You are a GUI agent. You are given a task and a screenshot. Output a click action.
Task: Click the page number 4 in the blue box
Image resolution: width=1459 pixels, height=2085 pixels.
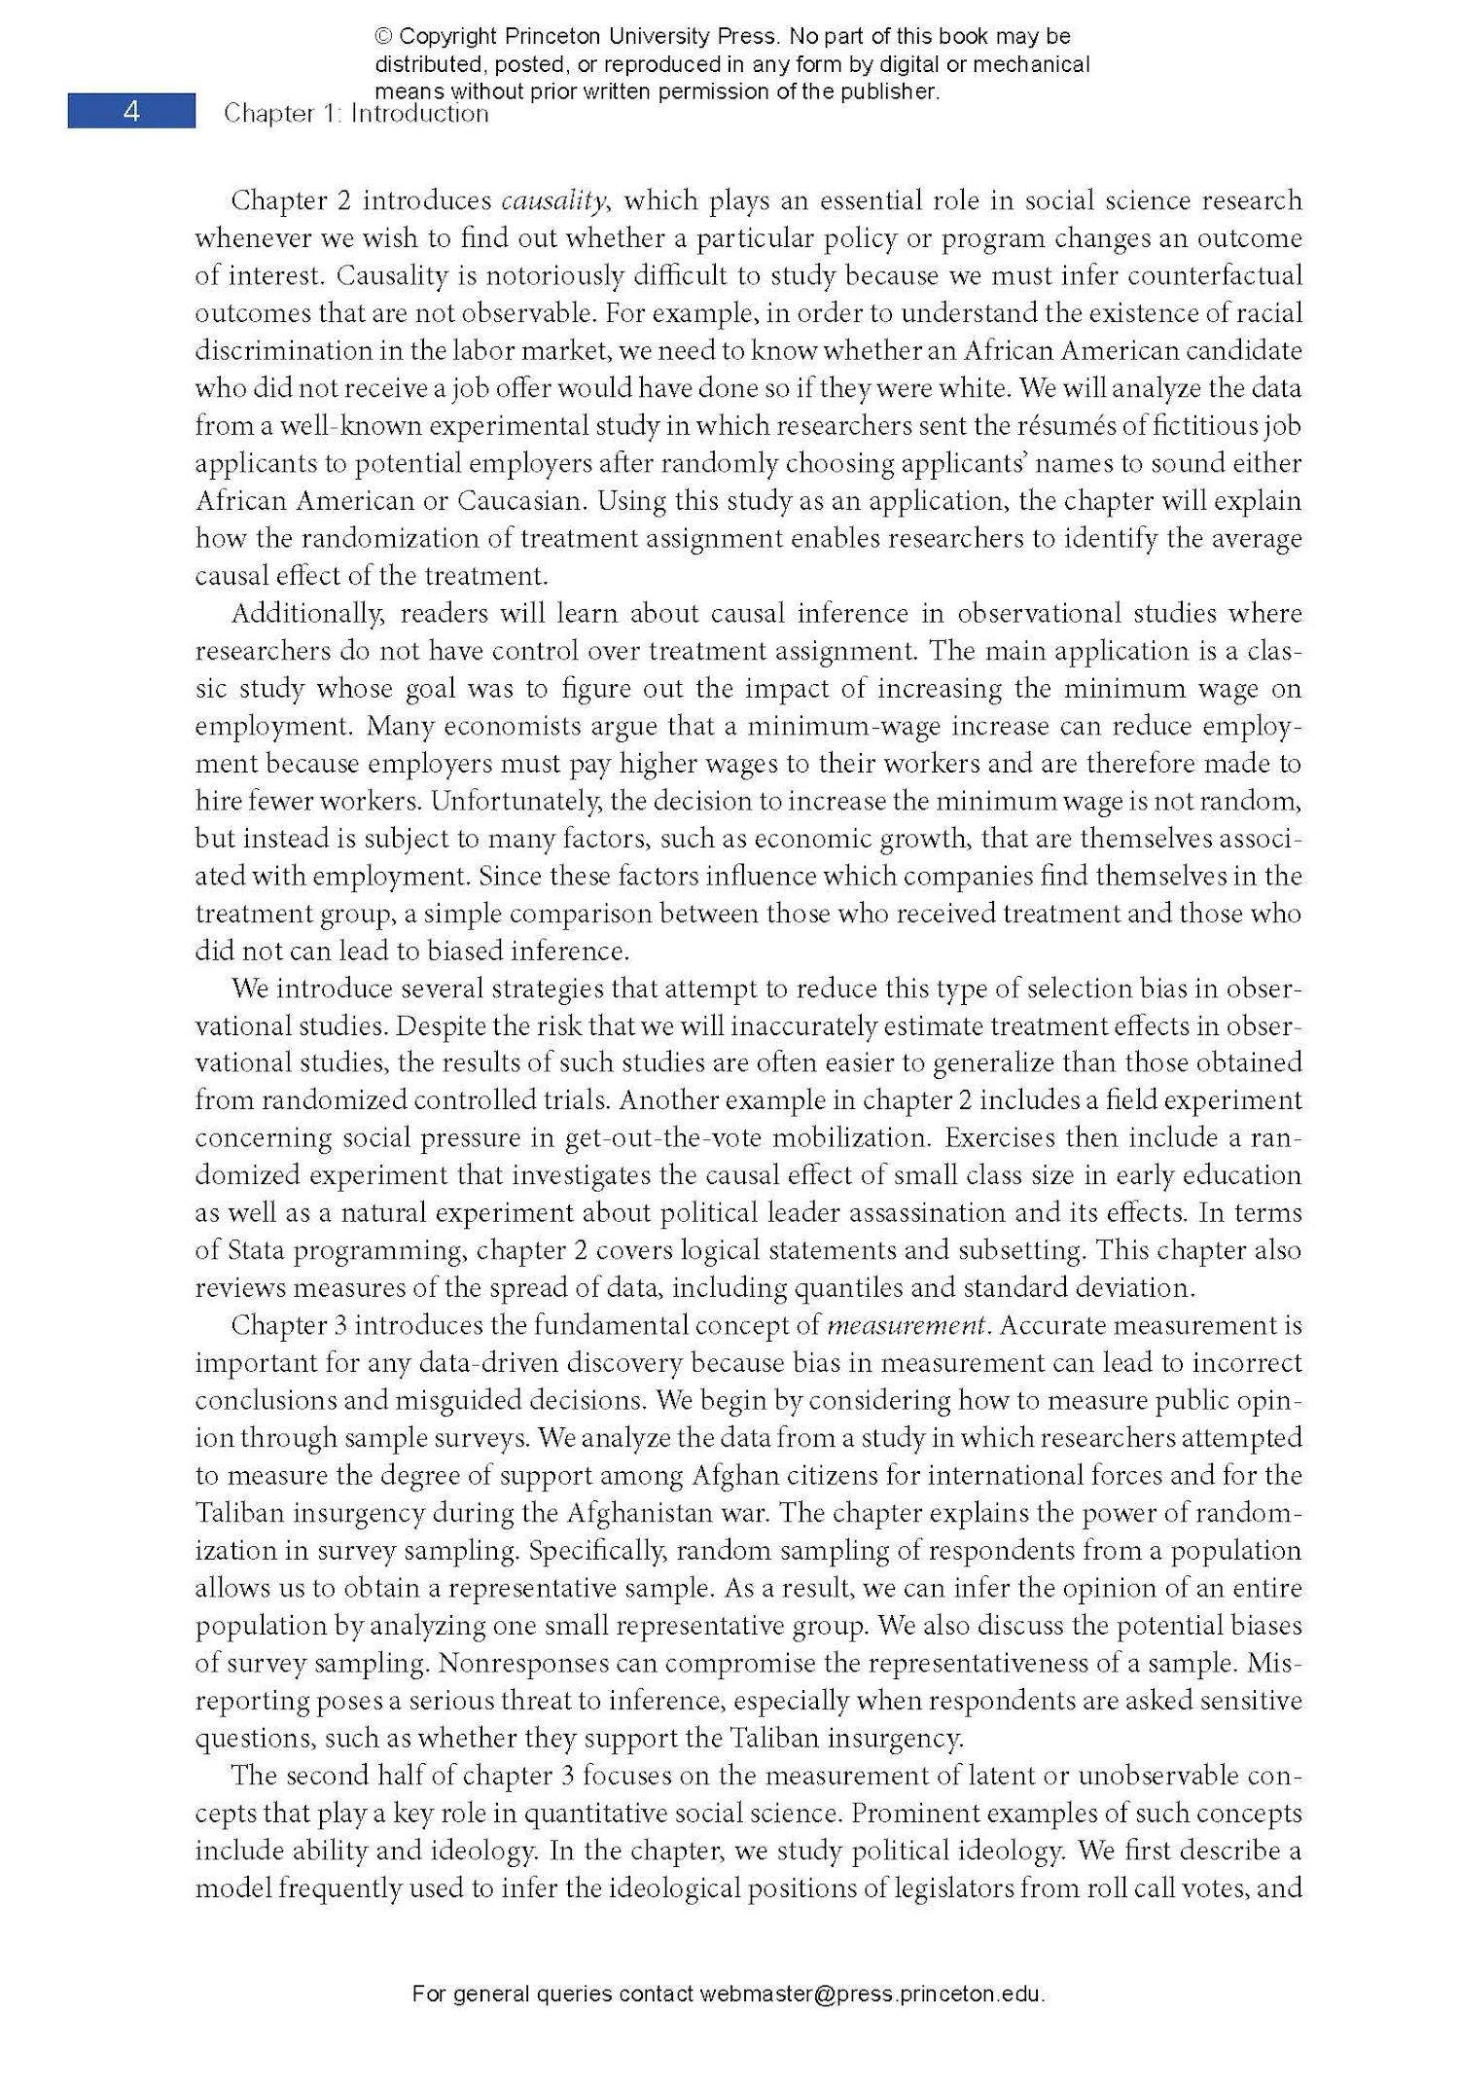pyautogui.click(x=131, y=112)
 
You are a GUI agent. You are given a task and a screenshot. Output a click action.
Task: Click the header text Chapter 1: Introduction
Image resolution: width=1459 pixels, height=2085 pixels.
pyautogui.click(x=356, y=114)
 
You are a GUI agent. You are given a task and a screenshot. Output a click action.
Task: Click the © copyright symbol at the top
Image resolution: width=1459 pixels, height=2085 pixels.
pyautogui.click(x=383, y=37)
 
